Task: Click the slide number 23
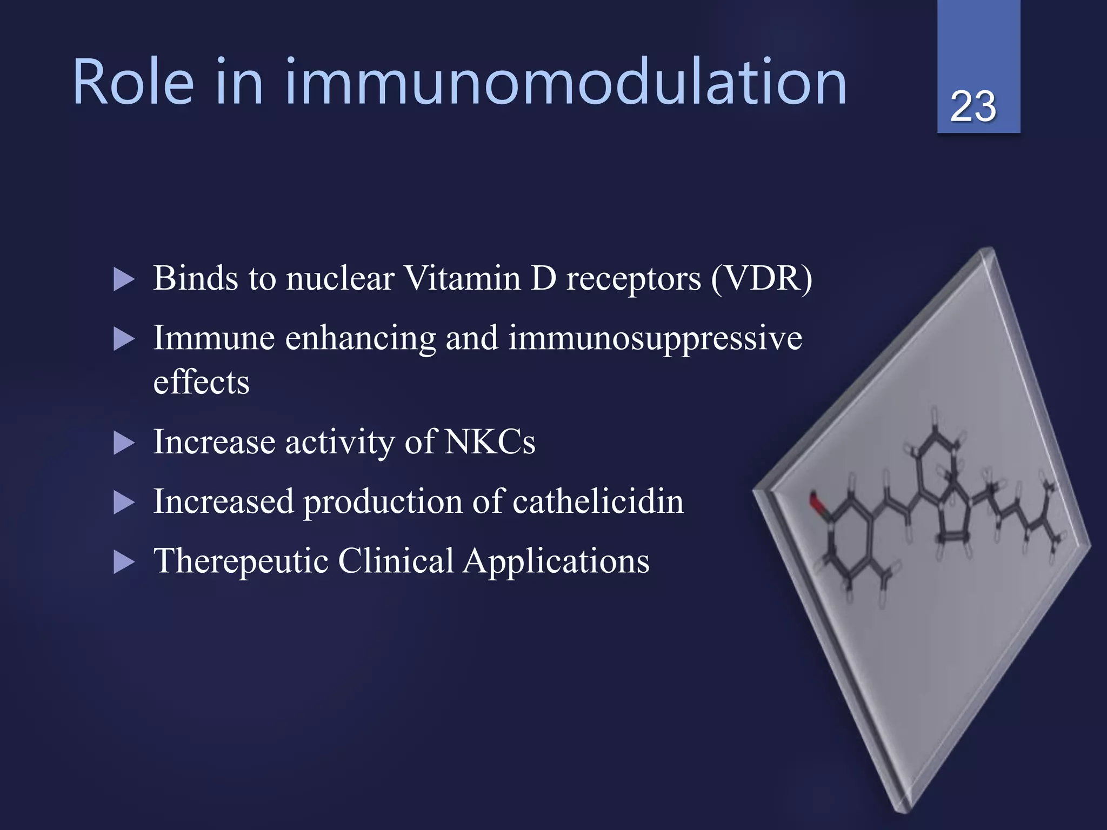tap(973, 106)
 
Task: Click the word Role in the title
tap(133, 82)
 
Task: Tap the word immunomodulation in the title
tap(565, 82)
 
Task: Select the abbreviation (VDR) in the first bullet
tap(761, 279)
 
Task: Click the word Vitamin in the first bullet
tap(463, 279)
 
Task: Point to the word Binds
tap(195, 279)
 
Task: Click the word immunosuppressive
tap(655, 339)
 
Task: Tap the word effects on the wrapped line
tap(201, 383)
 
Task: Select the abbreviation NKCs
tap(490, 442)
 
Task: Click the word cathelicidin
tap(598, 501)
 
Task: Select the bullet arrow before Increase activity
tap(124, 444)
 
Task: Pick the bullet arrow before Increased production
tap(124, 503)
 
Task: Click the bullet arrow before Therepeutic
tap(124, 563)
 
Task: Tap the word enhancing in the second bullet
tap(360, 339)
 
